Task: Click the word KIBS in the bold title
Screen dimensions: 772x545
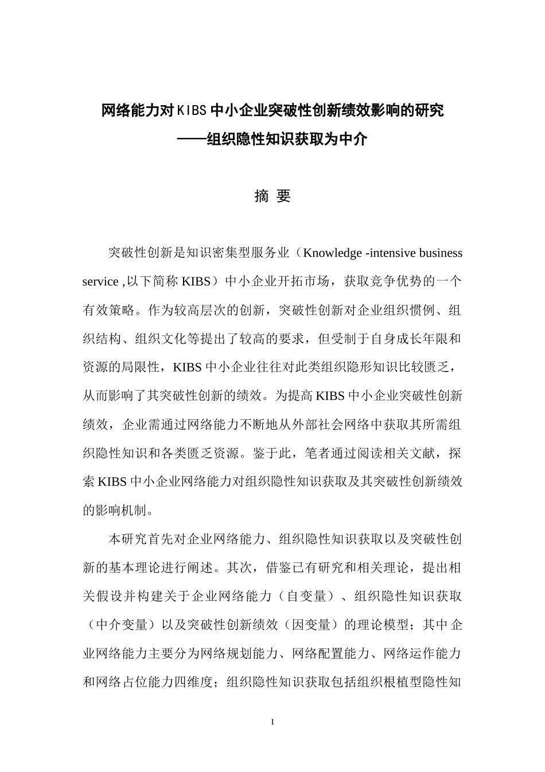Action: tap(191, 110)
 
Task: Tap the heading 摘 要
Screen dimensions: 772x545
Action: tap(272, 196)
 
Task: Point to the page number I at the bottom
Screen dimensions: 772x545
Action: tap(272, 720)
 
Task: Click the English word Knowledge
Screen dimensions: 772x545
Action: tap(332, 253)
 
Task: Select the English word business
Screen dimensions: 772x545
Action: tap(441, 253)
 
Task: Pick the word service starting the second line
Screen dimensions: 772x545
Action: tap(100, 282)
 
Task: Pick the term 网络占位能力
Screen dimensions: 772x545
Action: tap(134, 682)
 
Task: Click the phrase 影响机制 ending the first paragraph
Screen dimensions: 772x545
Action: tap(120, 510)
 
